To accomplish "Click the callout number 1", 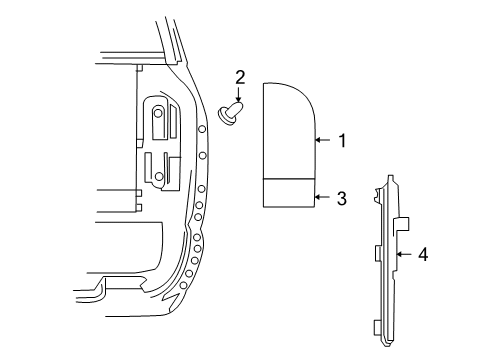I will [342, 141].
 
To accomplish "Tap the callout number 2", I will [240, 76].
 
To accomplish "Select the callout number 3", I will [342, 198].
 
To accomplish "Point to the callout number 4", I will [423, 255].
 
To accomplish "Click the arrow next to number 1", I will [322, 141].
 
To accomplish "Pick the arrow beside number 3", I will [322, 198].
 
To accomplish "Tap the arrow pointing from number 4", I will [403, 255].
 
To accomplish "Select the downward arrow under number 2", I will [240, 94].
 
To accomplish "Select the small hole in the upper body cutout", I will [158, 114].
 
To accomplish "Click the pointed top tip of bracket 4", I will [387, 181].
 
